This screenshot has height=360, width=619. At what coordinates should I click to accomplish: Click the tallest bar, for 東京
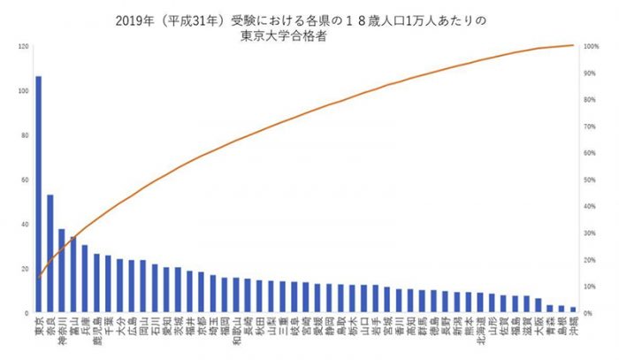tap(38, 195)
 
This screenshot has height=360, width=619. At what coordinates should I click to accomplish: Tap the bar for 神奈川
tap(61, 271)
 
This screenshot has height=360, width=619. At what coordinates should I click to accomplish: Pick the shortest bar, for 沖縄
tap(572, 310)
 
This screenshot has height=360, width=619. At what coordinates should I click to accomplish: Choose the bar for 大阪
tap(538, 305)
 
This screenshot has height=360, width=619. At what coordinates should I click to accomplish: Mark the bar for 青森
tap(549, 309)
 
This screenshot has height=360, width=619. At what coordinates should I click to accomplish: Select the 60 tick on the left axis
tap(24, 180)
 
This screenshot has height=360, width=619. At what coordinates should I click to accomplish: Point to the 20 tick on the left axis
tap(24, 269)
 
